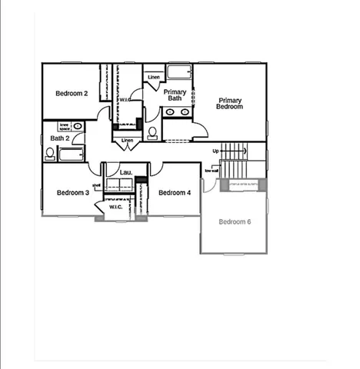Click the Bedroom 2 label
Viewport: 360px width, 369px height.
point(72,94)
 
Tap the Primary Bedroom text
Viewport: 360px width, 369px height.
point(230,104)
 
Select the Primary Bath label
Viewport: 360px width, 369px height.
point(175,95)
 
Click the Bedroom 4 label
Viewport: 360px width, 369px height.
point(175,192)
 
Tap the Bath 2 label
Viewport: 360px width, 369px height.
point(61,138)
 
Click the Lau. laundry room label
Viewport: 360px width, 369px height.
point(125,173)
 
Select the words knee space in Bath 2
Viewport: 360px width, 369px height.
point(65,126)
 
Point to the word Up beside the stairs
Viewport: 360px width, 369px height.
point(216,151)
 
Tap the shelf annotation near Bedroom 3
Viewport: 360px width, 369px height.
point(97,186)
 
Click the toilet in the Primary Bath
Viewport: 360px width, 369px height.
point(152,133)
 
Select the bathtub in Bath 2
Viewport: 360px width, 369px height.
point(72,155)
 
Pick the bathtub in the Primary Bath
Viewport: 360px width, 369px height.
point(180,74)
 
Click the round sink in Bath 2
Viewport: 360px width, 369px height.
point(78,126)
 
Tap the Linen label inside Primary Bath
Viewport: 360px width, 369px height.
point(154,77)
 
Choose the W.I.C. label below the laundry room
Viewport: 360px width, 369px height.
point(115,207)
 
